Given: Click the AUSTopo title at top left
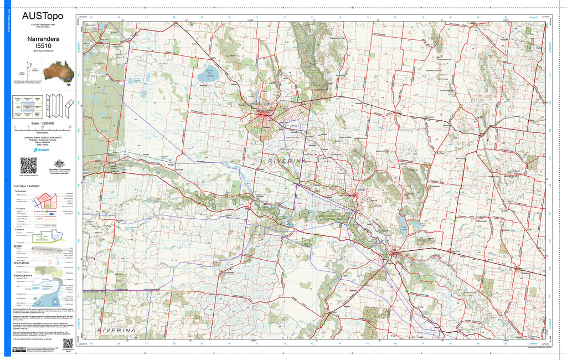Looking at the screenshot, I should pyautogui.click(x=43, y=16).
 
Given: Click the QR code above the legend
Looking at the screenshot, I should pyautogui.click(x=28, y=165).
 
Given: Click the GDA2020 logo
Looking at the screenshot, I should pyautogui.click(x=43, y=149).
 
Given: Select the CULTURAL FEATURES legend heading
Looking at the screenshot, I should pyautogui.click(x=26, y=187).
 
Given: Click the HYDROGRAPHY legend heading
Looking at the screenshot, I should pyautogui.click(x=23, y=275).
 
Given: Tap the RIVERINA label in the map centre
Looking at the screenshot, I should pyautogui.click(x=286, y=160).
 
